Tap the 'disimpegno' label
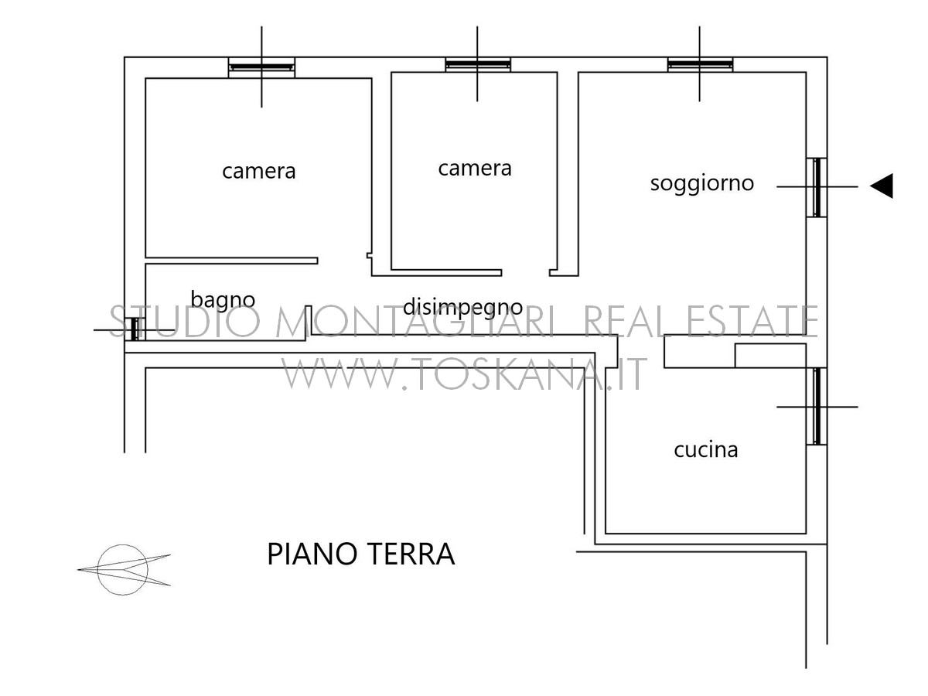(463, 308)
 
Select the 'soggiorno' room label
(702, 184)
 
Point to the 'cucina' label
(705, 449)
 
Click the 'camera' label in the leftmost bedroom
(259, 172)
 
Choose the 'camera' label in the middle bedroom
(475, 169)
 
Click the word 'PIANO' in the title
(312, 554)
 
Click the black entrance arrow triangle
(881, 186)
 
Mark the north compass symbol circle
(123, 569)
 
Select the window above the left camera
(261, 67)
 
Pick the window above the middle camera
(478, 65)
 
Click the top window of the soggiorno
(700, 65)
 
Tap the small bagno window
(135, 329)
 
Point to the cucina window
(817, 406)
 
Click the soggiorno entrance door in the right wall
(817, 187)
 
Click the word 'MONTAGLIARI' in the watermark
(415, 321)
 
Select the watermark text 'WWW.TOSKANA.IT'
(464, 374)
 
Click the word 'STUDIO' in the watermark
(185, 321)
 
